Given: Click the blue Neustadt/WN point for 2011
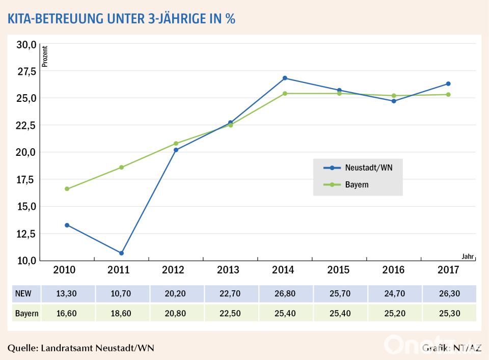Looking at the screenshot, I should click(x=121, y=253).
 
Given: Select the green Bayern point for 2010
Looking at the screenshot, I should click(x=67, y=189).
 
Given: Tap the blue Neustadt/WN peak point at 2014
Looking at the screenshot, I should click(x=285, y=78).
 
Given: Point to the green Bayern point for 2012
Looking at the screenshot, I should click(x=176, y=144).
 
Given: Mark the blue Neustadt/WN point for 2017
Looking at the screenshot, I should click(x=448, y=84).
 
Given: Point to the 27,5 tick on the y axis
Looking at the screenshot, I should click(x=26, y=72).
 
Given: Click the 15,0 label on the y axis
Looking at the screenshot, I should click(x=26, y=207).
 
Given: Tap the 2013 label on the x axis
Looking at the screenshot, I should click(x=230, y=270).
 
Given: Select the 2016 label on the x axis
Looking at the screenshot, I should click(x=393, y=270).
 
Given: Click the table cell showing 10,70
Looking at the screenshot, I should click(x=121, y=294).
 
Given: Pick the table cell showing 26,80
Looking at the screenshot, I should click(x=285, y=294).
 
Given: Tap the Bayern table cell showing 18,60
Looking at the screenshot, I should click(x=121, y=313).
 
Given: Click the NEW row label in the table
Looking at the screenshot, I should click(x=23, y=294).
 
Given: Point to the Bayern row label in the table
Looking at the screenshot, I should click(x=26, y=313).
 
